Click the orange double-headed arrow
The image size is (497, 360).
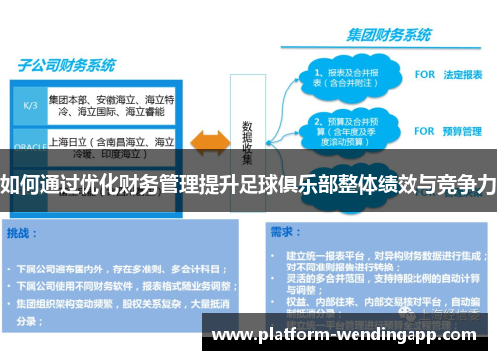click(210, 140)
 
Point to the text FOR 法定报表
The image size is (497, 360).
click(448, 75)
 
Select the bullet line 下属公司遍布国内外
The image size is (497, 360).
click(119, 269)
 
